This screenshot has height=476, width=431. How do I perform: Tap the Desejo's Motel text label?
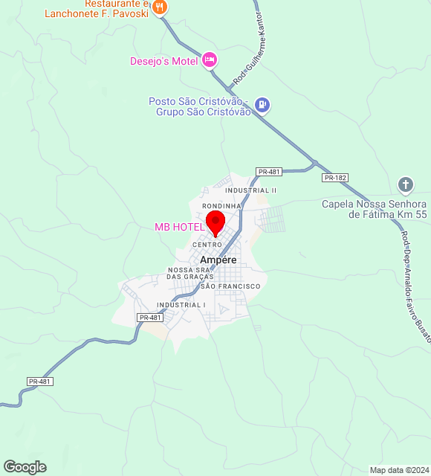coord(164,61)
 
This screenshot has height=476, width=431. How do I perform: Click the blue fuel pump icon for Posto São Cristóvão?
coord(262,106)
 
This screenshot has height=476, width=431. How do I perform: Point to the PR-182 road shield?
coord(335,178)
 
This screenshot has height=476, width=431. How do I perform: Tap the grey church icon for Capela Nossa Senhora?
coord(406,184)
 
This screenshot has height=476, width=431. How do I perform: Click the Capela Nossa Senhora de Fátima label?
coord(374,209)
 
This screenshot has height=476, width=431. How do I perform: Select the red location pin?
coord(215,222)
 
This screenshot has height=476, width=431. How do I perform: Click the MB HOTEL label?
coord(178,227)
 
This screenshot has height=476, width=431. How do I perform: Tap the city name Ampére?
coord(218,260)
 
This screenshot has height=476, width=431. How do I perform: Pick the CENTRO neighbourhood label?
coord(207,245)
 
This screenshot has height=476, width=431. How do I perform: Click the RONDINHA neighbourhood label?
coord(221,205)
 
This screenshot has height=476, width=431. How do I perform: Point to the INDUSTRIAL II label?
coord(251,190)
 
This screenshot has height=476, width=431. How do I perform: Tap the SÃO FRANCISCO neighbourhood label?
coord(230,286)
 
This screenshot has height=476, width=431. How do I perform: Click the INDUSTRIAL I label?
coord(181,304)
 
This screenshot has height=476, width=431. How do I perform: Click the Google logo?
coord(25,467)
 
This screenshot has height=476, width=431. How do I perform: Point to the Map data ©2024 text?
coord(399,470)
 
